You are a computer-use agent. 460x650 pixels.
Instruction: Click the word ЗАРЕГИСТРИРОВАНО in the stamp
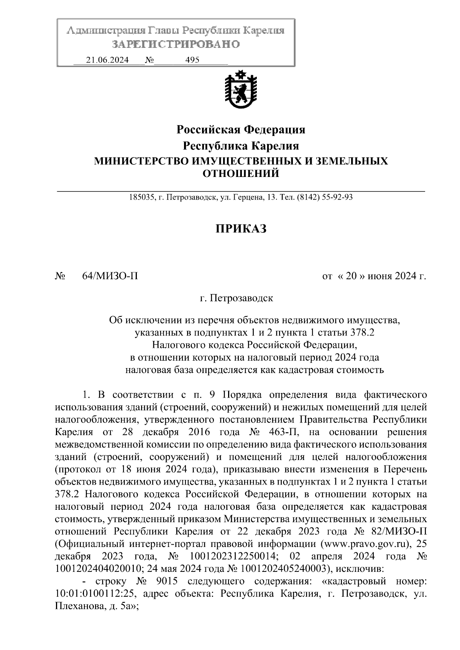[x=176, y=44]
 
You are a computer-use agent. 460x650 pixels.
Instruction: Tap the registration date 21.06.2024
[x=107, y=60]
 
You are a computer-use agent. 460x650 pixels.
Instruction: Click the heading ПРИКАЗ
[x=241, y=229]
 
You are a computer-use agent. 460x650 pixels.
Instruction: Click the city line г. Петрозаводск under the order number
[x=237, y=298]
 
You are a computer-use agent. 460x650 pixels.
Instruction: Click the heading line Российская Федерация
[x=241, y=130]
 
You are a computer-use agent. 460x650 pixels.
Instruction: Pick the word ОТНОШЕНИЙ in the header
[x=241, y=174]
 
